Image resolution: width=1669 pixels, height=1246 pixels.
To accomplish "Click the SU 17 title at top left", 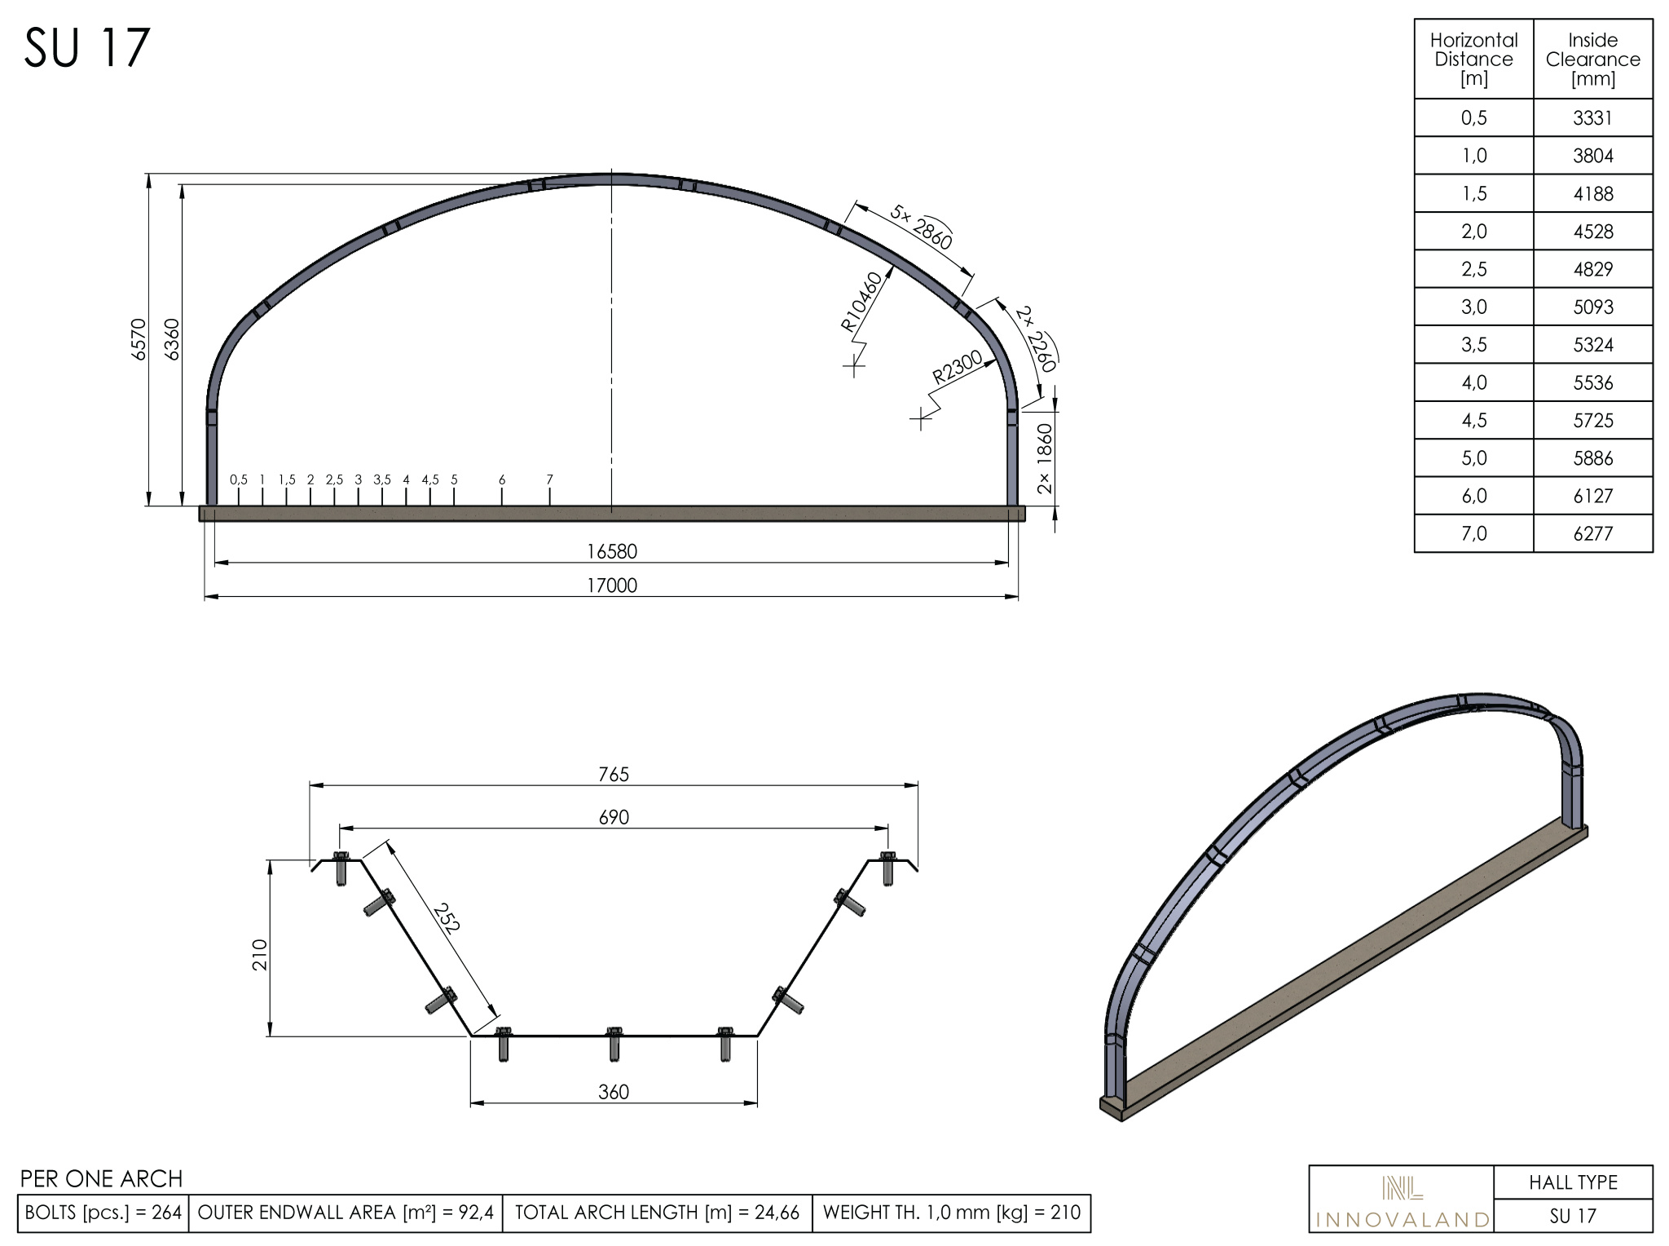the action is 87,47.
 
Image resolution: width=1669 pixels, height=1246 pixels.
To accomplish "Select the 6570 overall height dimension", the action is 139,339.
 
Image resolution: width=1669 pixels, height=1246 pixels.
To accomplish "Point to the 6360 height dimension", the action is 172,339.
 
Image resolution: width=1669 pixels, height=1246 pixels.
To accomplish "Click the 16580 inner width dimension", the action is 612,551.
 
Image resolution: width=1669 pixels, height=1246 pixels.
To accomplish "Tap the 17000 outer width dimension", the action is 612,585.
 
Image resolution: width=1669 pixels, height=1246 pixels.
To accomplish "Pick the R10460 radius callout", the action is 861,302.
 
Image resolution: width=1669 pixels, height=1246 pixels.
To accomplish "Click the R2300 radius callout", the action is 958,367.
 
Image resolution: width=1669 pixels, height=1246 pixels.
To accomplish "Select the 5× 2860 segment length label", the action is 921,227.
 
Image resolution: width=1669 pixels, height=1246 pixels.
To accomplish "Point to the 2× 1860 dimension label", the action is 1045,459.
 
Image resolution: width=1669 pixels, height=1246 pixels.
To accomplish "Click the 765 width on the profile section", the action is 614,774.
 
